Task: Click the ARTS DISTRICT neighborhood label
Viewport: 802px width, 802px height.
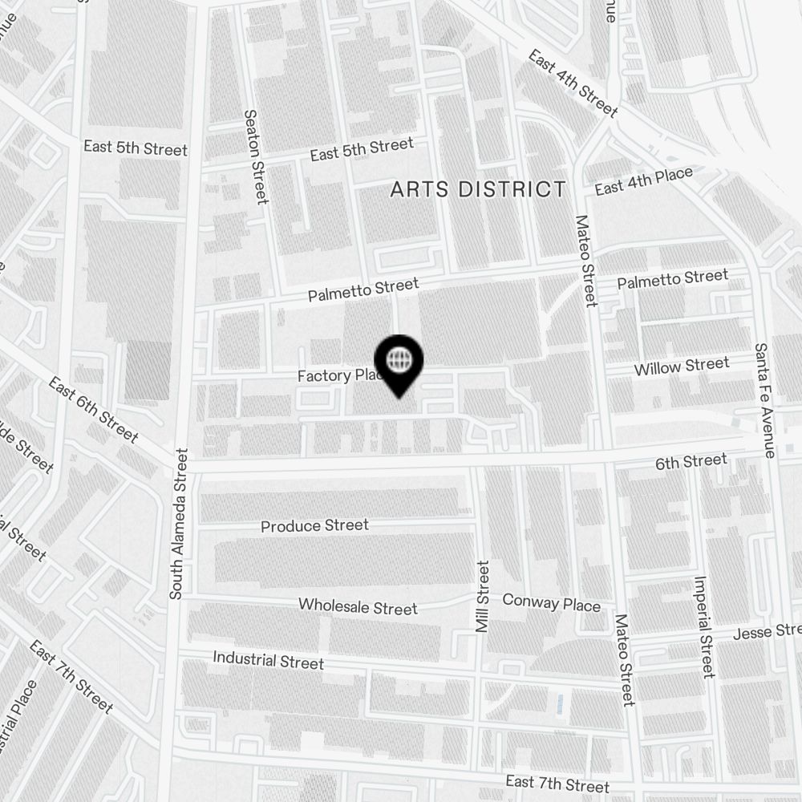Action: point(478,190)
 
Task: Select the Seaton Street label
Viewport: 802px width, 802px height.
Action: point(255,157)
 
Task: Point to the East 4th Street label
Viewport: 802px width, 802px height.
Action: point(573,83)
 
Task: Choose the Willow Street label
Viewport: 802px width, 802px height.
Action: point(681,367)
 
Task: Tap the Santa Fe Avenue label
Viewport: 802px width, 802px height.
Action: point(763,401)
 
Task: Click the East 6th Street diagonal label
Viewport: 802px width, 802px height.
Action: point(93,409)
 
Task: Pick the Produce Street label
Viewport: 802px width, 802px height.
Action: point(314,526)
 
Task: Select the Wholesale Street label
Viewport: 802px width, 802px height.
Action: point(358,606)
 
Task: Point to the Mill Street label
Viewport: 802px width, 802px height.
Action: point(482,597)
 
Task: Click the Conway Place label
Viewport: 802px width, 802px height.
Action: point(551,602)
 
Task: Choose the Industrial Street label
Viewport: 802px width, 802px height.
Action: point(268,661)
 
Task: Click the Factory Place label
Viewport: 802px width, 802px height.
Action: point(337,375)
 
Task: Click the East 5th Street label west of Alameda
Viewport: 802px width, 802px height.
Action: point(136,148)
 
